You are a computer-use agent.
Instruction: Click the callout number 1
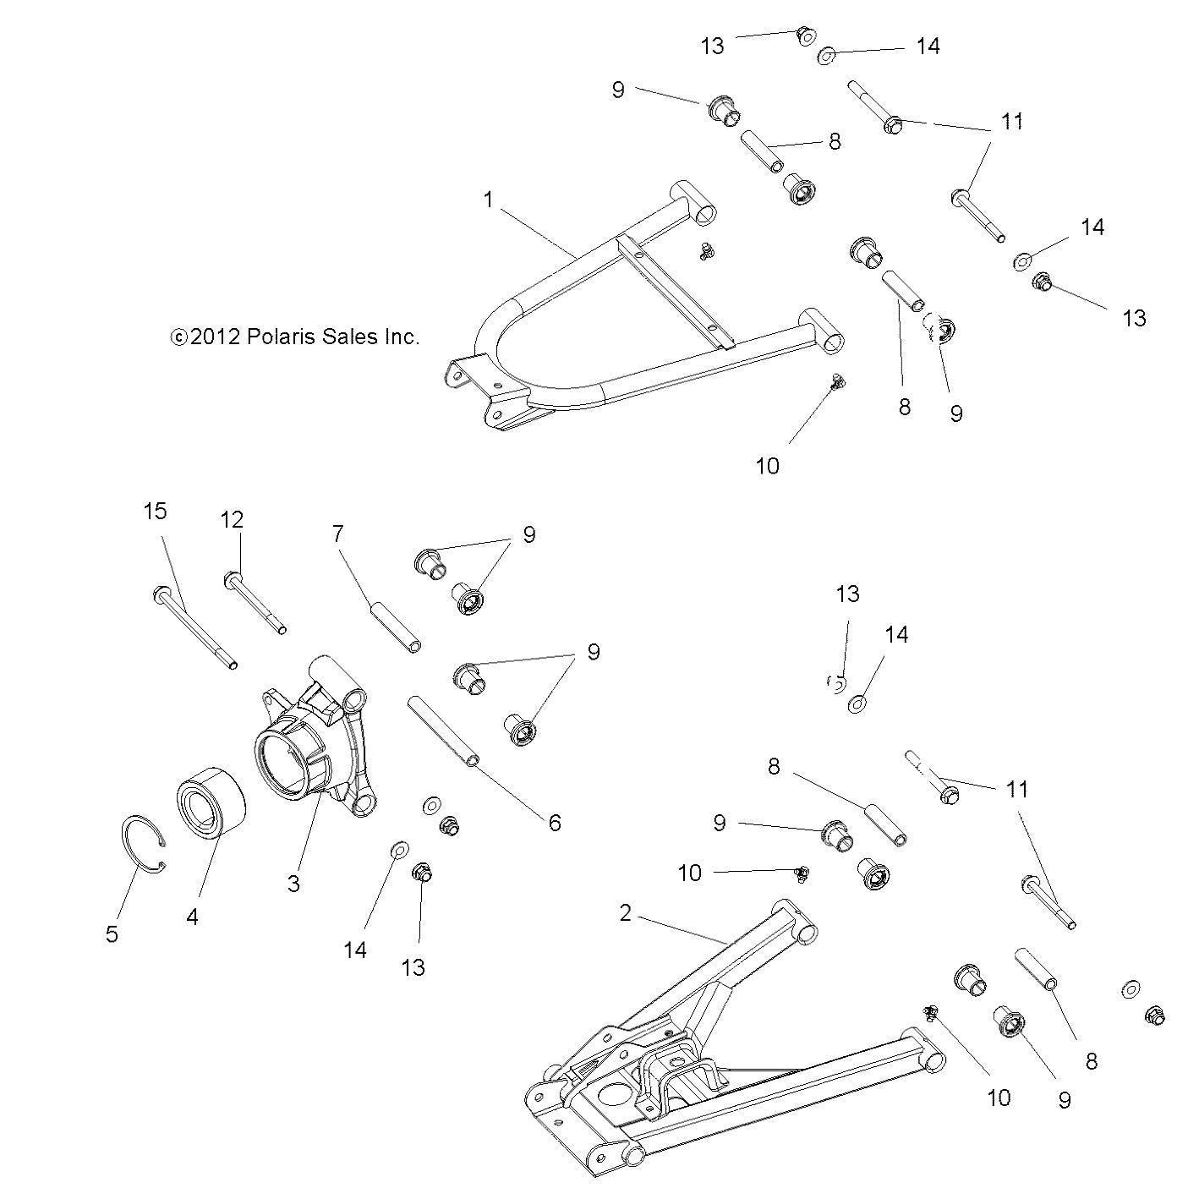(x=488, y=200)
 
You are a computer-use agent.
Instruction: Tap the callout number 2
(x=625, y=913)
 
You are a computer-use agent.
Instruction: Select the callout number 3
(x=293, y=884)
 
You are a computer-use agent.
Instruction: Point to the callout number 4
(x=192, y=916)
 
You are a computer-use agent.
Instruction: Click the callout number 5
(x=112, y=934)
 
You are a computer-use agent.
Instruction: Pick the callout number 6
(x=555, y=822)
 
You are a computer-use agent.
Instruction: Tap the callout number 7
(x=338, y=534)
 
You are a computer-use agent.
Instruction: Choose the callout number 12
(x=233, y=520)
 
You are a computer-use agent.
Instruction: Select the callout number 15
(x=155, y=511)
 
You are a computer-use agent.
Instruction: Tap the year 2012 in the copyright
(x=216, y=337)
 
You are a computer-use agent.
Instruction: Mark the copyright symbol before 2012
(x=178, y=337)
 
